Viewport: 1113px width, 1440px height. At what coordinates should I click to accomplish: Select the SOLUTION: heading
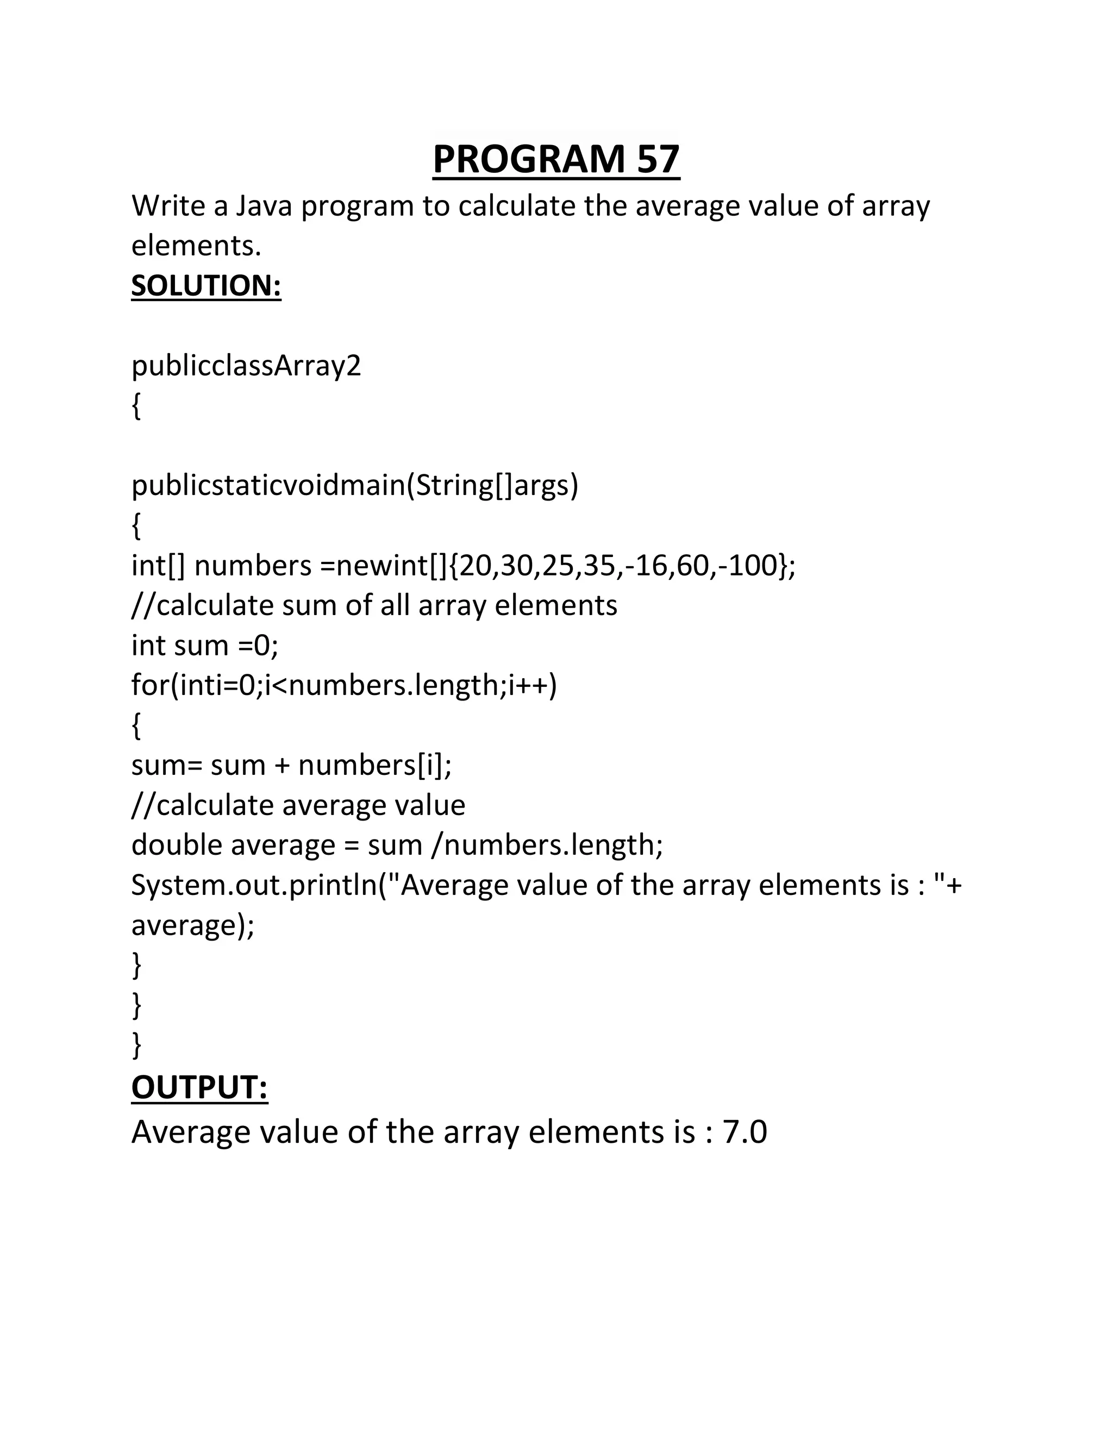206,285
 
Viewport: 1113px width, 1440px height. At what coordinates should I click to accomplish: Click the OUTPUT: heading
199,1087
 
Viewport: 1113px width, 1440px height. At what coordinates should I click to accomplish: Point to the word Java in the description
264,206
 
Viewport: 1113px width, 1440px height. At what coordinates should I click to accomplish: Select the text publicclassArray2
246,366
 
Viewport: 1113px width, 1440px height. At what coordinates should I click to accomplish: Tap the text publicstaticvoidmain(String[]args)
355,485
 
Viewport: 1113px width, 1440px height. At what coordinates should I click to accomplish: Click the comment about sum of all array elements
374,605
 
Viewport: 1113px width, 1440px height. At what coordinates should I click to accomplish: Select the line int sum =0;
204,646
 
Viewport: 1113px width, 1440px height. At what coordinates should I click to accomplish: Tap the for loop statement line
343,686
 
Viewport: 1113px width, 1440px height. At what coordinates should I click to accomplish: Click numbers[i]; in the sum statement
374,766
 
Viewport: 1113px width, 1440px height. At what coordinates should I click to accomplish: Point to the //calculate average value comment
298,805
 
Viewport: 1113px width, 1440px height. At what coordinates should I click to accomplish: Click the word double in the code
177,846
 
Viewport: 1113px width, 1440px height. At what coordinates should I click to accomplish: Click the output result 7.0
745,1132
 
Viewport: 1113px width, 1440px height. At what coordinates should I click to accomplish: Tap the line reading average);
192,925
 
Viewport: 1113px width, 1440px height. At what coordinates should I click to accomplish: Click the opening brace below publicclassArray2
136,406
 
